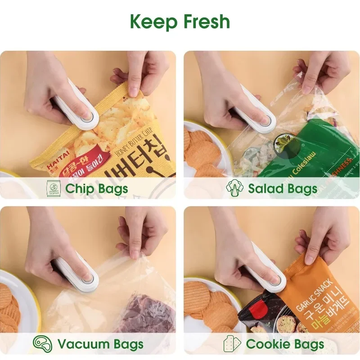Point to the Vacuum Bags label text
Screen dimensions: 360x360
pyautogui.click(x=100, y=345)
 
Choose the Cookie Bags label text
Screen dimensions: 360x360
pyautogui.click(x=284, y=345)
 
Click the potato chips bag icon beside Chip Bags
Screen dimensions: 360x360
pyautogui.click(x=54, y=188)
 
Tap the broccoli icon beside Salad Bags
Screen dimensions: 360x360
pyautogui.click(x=234, y=188)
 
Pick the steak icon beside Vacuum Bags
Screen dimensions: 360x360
pyautogui.click(x=42, y=344)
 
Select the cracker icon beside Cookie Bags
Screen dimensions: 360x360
pyautogui.click(x=232, y=344)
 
